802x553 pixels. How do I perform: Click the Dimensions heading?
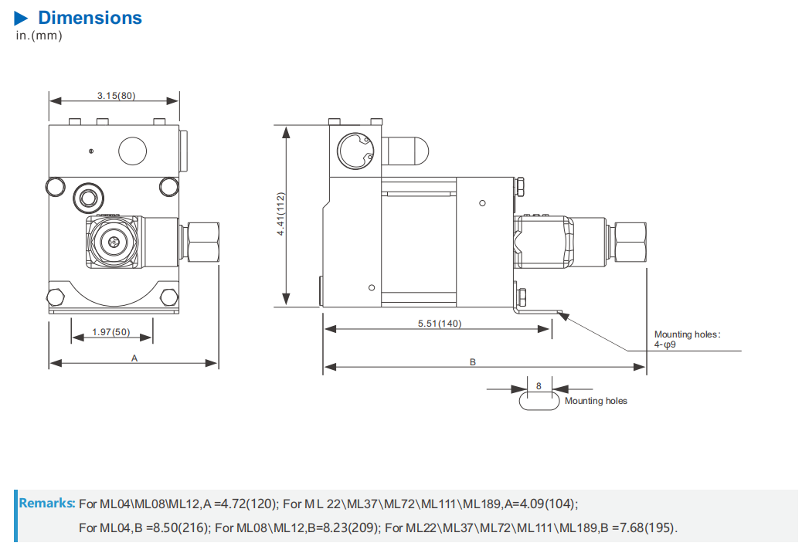click(x=90, y=18)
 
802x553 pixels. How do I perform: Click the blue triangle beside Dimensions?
click(x=21, y=19)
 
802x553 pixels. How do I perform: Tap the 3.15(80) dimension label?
click(x=117, y=96)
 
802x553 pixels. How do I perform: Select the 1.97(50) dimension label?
click(x=111, y=331)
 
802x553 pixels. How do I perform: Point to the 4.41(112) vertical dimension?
click(x=280, y=214)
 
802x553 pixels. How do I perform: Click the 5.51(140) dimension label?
click(x=440, y=324)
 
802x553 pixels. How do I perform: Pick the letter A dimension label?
click(x=134, y=358)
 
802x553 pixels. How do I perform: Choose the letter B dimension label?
click(x=473, y=362)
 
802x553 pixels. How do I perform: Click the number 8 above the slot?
click(x=539, y=386)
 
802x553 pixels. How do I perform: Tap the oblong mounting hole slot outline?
click(x=539, y=409)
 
